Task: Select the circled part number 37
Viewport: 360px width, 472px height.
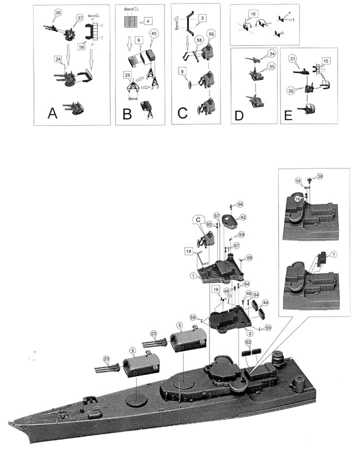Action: point(78,18)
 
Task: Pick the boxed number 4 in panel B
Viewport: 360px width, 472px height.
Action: point(148,20)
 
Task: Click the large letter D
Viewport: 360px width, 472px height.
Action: point(238,115)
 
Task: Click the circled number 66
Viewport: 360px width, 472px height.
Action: point(240,204)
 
